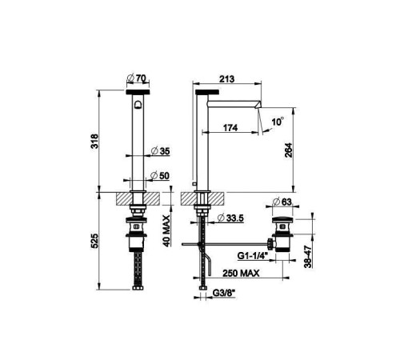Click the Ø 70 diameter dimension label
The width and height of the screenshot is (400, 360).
pos(137,78)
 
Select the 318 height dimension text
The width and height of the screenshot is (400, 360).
pos(94,142)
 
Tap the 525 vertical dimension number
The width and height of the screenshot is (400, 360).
pos(94,241)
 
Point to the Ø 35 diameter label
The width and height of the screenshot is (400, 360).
pos(160,151)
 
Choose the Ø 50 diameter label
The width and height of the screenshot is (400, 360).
pos(160,176)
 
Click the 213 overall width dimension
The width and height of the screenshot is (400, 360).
pos(226,79)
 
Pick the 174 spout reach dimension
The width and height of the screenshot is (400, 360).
pos(230,128)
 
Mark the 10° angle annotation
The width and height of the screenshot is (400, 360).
pos(278,122)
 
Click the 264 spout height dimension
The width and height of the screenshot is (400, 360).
pos(289,150)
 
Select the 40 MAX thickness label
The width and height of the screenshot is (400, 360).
pos(166,231)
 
